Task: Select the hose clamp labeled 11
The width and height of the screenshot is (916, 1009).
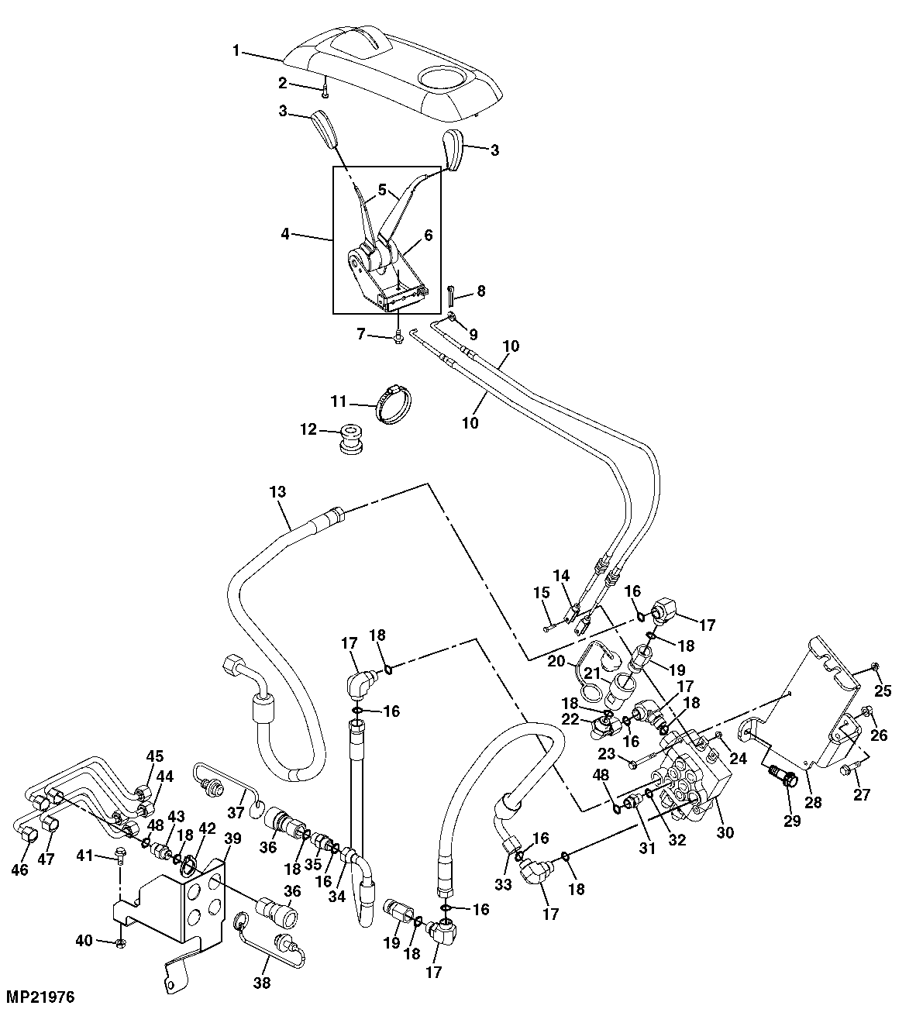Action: (394, 404)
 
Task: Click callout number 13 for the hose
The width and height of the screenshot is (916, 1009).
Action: (277, 491)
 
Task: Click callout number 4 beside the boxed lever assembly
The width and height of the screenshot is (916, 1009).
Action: (285, 232)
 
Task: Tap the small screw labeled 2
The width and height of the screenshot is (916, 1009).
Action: (325, 92)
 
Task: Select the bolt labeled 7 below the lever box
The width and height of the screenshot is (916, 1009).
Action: (398, 337)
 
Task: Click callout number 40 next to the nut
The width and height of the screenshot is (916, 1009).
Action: (84, 941)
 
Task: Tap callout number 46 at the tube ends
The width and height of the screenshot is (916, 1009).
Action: (19, 870)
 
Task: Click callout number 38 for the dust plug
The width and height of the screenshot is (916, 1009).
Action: (262, 983)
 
